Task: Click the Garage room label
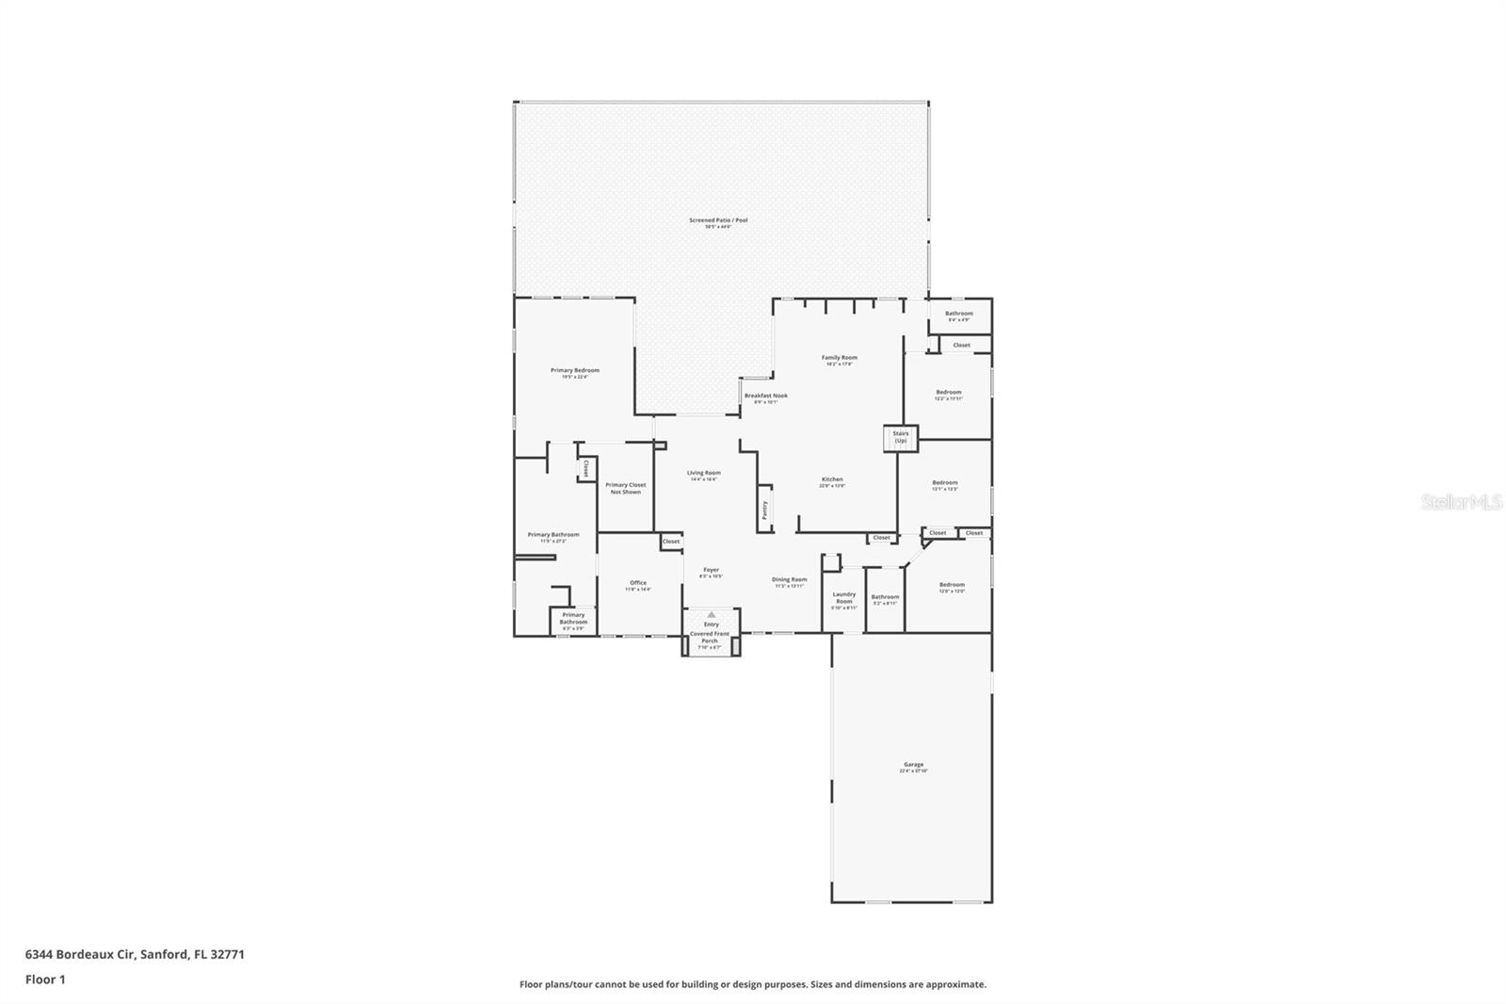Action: click(913, 765)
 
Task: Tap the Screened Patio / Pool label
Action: click(718, 220)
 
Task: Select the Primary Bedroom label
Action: click(574, 371)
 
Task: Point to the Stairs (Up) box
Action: click(900, 438)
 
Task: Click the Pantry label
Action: click(764, 510)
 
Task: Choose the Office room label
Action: click(638, 583)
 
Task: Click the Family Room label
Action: click(839, 358)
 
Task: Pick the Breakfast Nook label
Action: click(765, 396)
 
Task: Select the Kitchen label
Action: click(832, 479)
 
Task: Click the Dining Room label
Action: click(789, 580)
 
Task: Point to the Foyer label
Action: click(711, 570)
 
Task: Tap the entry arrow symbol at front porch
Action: click(712, 614)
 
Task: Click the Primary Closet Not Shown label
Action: click(625, 488)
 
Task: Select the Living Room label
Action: click(703, 473)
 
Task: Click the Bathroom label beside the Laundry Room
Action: click(885, 597)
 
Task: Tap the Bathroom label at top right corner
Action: click(959, 314)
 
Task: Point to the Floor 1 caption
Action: click(45, 980)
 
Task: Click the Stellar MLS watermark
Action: click(1461, 503)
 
